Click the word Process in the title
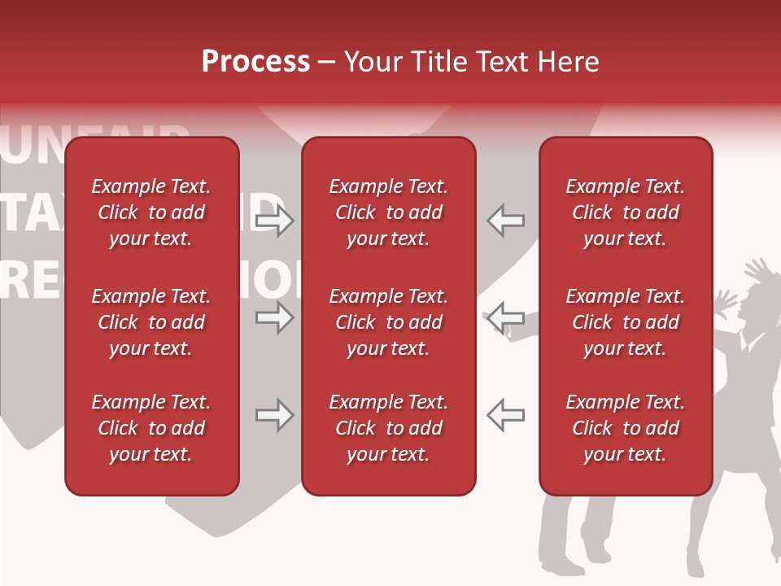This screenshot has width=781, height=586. pos(255,62)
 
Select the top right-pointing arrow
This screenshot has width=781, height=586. pos(275,221)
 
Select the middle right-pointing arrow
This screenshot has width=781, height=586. pos(275,317)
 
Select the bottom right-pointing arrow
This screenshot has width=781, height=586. pos(275,415)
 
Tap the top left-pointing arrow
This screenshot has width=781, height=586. pos(505,221)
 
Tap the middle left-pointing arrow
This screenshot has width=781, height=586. pos(505,317)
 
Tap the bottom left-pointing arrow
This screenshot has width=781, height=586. pos(505,415)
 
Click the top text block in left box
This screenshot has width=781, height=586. pos(151,212)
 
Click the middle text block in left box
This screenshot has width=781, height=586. pos(151,322)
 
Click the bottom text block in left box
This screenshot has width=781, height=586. pos(151,428)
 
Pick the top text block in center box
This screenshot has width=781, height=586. pos(388,212)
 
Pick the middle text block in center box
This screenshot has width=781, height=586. pos(388,322)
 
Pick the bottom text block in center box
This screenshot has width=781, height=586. pos(388,428)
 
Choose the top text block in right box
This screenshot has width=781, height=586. pos(625,212)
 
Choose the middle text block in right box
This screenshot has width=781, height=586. pos(625,322)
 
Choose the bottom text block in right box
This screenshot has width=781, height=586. pos(625,428)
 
